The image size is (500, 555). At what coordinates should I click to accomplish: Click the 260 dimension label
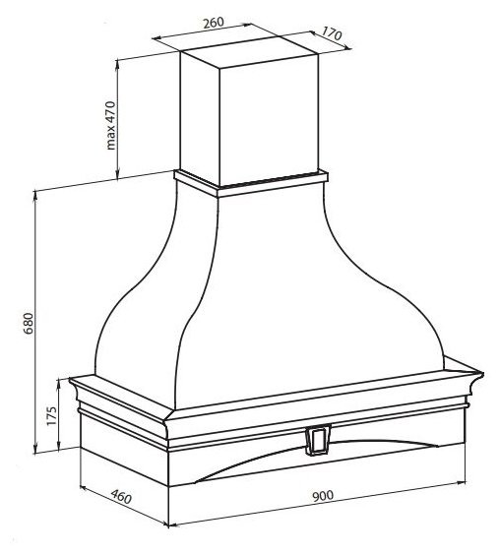(x=214, y=23)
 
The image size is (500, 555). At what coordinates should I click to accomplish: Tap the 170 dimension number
(x=332, y=34)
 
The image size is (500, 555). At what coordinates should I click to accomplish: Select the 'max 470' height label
(x=111, y=125)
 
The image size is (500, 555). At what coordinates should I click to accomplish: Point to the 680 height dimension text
(x=29, y=324)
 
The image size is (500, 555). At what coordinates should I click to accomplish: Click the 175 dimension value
(x=52, y=416)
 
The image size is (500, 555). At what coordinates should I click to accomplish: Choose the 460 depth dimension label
(x=121, y=496)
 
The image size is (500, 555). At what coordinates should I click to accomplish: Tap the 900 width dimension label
(x=323, y=496)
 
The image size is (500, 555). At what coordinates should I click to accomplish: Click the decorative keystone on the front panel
(x=318, y=439)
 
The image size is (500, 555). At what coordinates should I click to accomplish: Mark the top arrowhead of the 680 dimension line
(x=35, y=196)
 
